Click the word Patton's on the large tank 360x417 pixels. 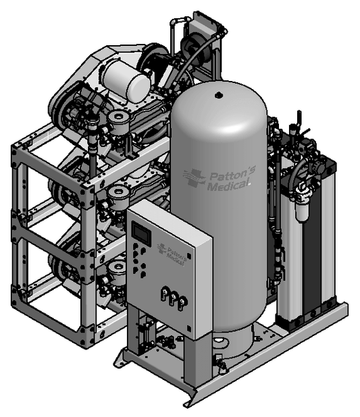point(233,173)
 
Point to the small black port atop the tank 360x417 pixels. point(218,94)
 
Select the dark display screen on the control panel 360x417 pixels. point(141,232)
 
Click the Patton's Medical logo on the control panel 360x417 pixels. point(171,254)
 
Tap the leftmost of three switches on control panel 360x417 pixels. point(165,294)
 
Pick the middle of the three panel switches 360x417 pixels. point(174,298)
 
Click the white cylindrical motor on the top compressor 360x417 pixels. point(127,80)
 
